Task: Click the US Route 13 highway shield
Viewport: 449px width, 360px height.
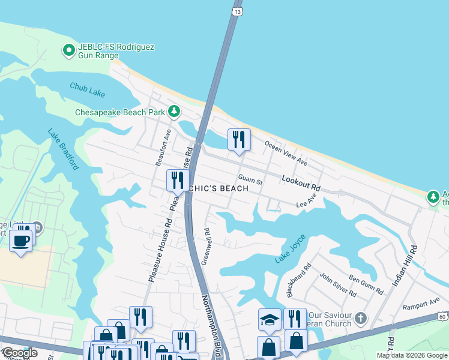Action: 238,11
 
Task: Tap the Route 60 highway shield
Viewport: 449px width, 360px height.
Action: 442,316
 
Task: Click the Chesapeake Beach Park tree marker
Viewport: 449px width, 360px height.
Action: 174,111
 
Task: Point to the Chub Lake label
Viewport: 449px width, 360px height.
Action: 87,87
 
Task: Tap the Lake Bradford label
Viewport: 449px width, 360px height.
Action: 63,150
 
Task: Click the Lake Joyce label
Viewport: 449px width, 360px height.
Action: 291,249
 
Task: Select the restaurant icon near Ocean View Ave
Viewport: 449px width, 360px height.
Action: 239,139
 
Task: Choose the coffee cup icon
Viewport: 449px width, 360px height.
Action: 21,241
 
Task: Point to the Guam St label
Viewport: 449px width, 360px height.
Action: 250,179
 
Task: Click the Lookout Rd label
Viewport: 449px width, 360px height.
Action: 301,184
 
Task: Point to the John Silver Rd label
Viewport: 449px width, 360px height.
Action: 338,284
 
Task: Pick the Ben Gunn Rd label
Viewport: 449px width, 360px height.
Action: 366,284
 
